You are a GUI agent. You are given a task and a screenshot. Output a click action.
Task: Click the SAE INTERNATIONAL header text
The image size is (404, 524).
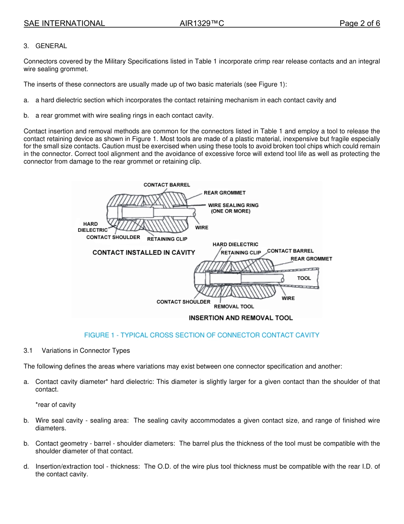(x=64, y=23)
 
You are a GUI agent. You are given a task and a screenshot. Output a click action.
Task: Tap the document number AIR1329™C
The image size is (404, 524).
(x=202, y=23)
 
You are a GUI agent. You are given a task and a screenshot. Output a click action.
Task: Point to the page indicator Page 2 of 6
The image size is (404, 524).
(x=359, y=23)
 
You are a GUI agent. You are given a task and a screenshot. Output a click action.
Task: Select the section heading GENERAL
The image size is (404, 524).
(x=51, y=46)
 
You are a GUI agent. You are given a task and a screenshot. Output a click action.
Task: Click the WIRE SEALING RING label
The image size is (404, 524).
(x=233, y=205)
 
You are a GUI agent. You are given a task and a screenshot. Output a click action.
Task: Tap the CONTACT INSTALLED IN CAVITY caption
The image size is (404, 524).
(x=144, y=253)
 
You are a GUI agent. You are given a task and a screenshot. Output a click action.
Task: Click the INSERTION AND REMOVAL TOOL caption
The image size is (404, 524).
(x=241, y=318)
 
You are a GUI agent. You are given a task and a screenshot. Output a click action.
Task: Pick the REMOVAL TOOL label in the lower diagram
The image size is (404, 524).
(x=233, y=306)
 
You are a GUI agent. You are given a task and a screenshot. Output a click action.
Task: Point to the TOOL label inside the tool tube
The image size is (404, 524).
(x=304, y=278)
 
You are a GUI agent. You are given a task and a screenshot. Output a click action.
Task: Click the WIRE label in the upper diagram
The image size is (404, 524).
(x=202, y=227)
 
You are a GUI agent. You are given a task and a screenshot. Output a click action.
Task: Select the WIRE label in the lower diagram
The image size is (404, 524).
(x=288, y=298)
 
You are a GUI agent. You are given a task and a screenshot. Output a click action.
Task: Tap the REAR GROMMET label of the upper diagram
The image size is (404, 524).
(x=225, y=193)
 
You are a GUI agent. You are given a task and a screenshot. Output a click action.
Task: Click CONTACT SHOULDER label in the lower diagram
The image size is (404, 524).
(x=183, y=302)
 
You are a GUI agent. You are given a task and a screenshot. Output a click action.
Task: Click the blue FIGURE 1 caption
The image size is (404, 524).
(x=202, y=335)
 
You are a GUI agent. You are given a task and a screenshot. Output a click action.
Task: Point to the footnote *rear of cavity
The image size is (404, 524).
(x=55, y=405)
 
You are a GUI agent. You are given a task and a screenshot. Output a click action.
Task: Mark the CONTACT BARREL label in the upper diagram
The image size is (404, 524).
(x=167, y=185)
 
